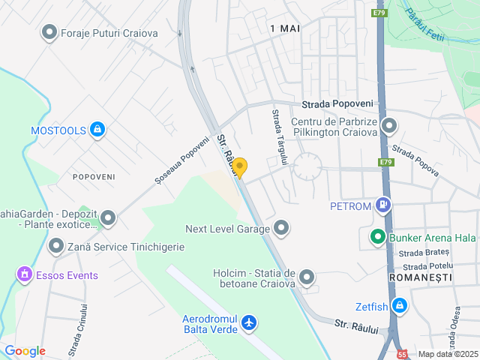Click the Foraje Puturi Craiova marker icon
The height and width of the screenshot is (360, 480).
[49, 32]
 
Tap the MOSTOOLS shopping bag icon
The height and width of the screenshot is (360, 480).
[97, 130]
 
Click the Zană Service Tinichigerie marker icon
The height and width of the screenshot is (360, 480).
[56, 245]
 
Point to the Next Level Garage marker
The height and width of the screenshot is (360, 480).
[281, 226]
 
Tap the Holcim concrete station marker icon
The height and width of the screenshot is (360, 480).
[307, 278]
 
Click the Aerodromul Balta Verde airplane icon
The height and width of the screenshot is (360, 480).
[249, 324]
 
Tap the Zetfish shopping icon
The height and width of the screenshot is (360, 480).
[400, 305]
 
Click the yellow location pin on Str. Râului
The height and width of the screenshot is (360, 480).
[239, 167]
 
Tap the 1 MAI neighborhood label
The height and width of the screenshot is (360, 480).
[284, 28]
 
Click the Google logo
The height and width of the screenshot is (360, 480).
[25, 351]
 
